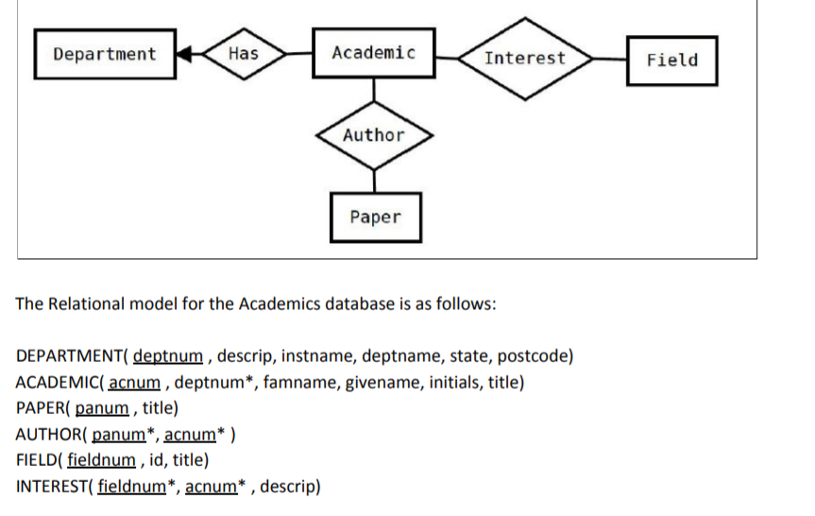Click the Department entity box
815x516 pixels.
pyautogui.click(x=105, y=54)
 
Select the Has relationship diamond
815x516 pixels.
pyautogui.click(x=243, y=54)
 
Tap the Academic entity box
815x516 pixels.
pyautogui.click(x=373, y=53)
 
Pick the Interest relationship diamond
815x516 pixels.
pyautogui.click(x=524, y=58)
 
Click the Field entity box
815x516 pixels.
pyautogui.click(x=671, y=60)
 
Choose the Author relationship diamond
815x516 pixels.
pyautogui.click(x=373, y=135)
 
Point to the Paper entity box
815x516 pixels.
pyautogui.click(x=375, y=217)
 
